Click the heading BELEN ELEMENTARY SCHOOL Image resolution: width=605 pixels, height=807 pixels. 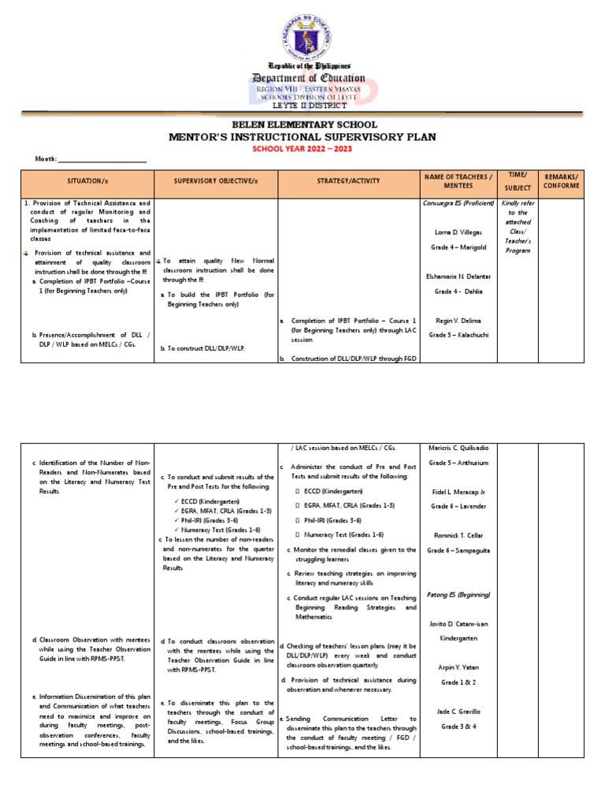303,125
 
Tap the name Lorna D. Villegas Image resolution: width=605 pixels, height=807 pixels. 458,232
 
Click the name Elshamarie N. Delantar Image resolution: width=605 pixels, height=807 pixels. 458,275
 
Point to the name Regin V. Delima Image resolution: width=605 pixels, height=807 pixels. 458,321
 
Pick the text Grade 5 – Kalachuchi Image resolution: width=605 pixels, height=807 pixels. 458,336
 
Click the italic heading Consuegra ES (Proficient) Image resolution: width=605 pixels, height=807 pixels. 458,203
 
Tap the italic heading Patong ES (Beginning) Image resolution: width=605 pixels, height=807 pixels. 458,594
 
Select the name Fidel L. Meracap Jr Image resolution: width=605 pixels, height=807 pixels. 458,492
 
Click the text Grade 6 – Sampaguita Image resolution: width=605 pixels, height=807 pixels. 458,549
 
